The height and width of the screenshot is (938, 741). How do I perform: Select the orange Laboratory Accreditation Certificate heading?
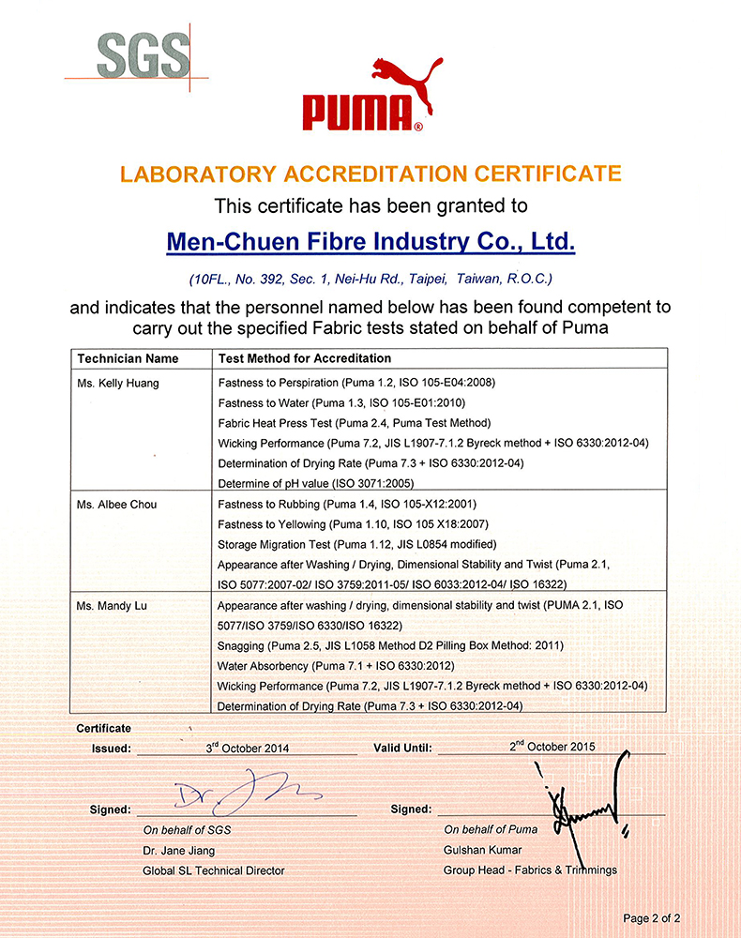point(370,174)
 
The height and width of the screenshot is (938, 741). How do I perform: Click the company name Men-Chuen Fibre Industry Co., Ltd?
point(370,242)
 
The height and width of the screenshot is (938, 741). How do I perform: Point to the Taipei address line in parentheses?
point(370,279)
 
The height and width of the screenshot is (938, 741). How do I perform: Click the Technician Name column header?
point(128,358)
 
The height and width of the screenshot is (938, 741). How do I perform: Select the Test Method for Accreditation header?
point(305,358)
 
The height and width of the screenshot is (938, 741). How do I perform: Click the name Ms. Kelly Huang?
point(118,383)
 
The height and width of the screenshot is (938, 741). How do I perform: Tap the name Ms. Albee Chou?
point(117,505)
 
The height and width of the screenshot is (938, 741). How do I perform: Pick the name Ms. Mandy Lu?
point(113,606)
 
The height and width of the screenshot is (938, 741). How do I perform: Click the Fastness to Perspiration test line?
point(356,383)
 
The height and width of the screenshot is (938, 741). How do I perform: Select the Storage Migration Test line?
point(357,545)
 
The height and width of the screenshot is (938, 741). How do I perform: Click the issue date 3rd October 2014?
point(248,748)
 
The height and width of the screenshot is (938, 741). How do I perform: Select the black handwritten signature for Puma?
point(582,802)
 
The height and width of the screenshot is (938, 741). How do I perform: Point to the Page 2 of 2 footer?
point(652,918)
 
